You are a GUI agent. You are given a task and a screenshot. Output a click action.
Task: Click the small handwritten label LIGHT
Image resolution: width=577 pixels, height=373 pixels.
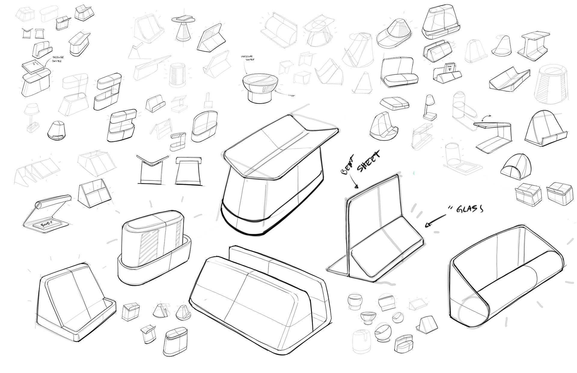[x=291, y=96]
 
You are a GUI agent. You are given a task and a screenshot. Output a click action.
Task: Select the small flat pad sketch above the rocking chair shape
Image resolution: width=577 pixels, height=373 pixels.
[x=394, y=103]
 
